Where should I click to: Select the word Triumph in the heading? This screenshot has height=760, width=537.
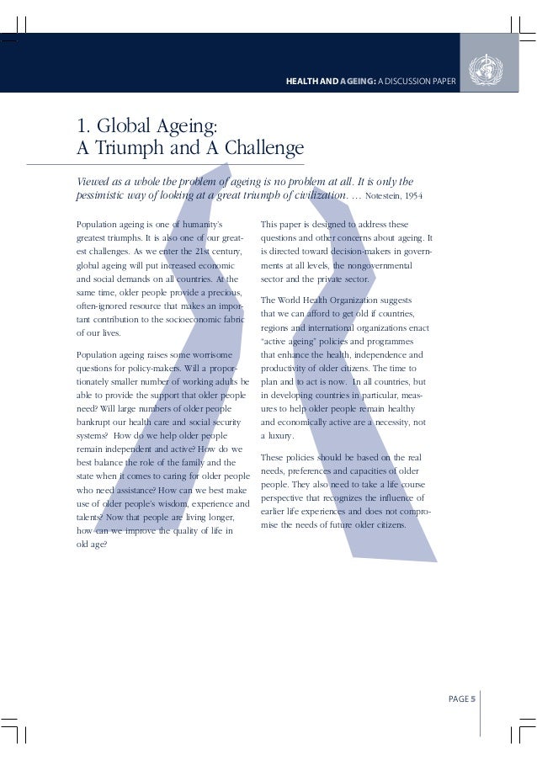click(x=131, y=150)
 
